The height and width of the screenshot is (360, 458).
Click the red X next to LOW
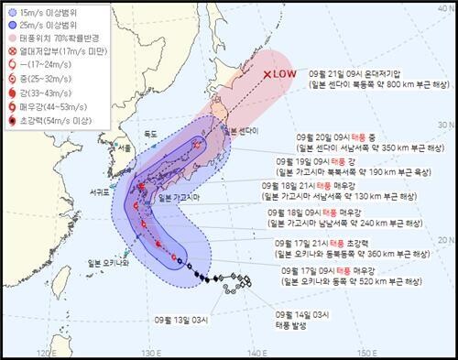[267, 75]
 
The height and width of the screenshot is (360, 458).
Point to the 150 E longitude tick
[366, 351]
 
